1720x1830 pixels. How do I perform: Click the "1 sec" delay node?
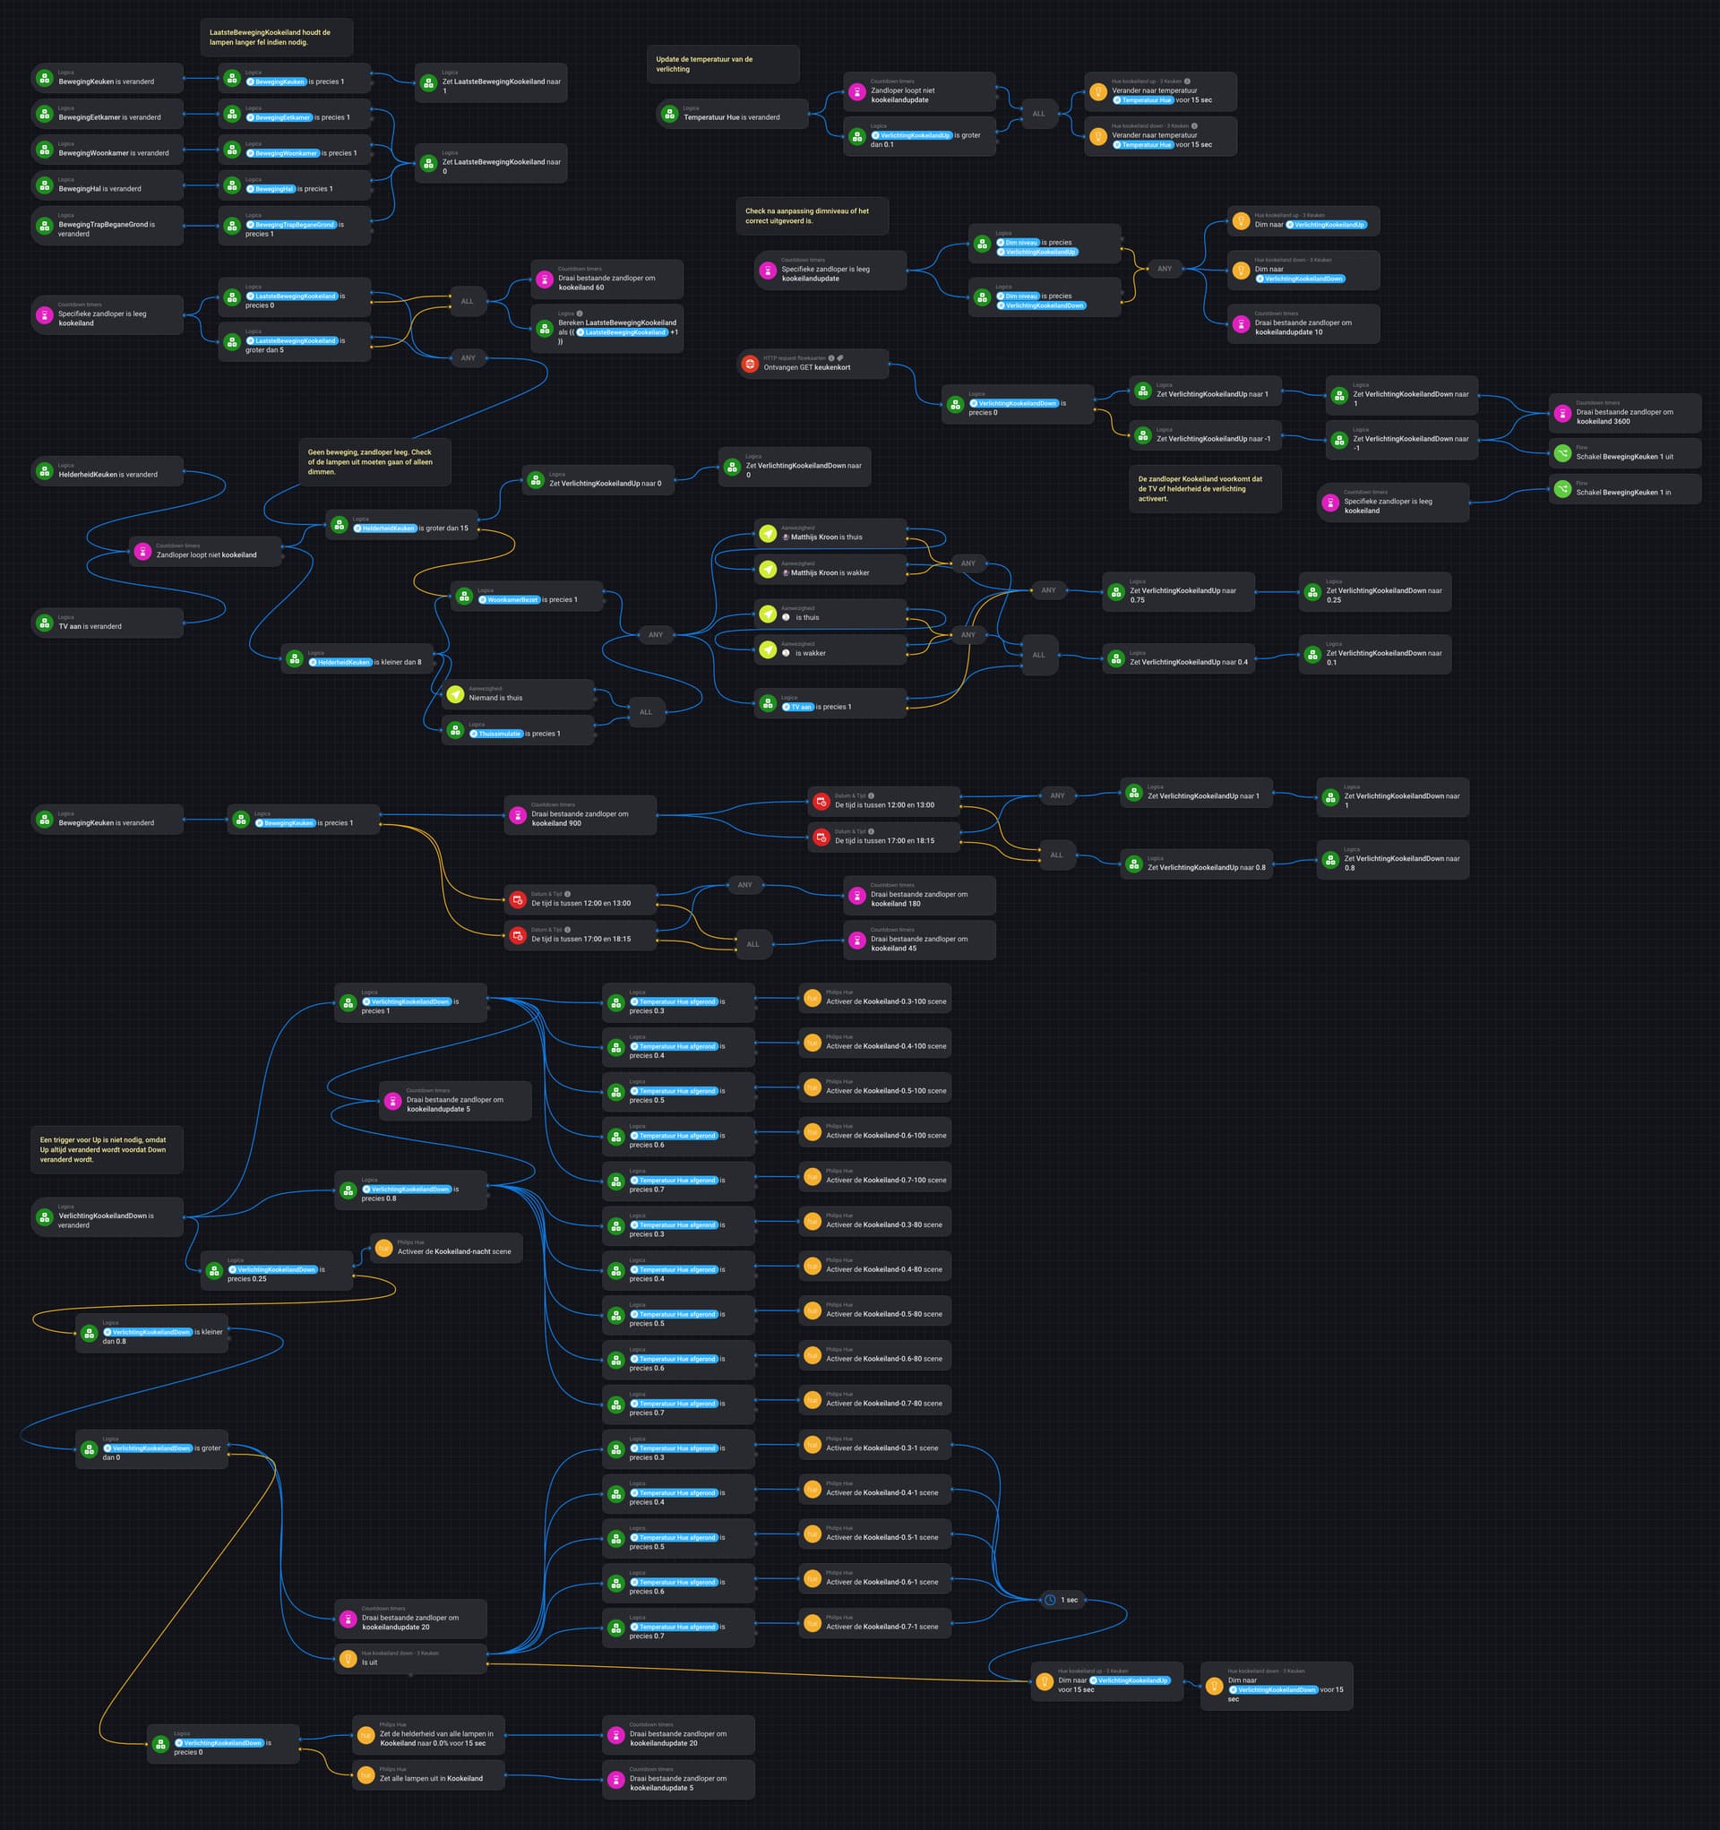pos(1062,1600)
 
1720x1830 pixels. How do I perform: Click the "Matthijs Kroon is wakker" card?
pos(830,570)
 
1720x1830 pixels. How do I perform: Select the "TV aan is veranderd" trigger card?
pos(107,623)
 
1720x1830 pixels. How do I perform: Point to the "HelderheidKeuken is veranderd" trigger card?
pos(107,471)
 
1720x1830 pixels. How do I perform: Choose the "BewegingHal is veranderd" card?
pos(107,186)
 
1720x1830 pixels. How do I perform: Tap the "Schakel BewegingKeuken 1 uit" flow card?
pos(1624,454)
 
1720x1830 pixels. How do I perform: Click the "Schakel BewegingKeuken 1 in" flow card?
pos(1624,490)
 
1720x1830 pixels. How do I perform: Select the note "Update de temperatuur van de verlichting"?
pos(722,64)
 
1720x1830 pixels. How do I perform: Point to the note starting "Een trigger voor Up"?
pos(106,1149)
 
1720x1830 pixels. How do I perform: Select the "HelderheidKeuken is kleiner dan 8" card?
pos(357,659)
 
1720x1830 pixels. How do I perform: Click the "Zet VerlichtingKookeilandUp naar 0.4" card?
pos(1179,659)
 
